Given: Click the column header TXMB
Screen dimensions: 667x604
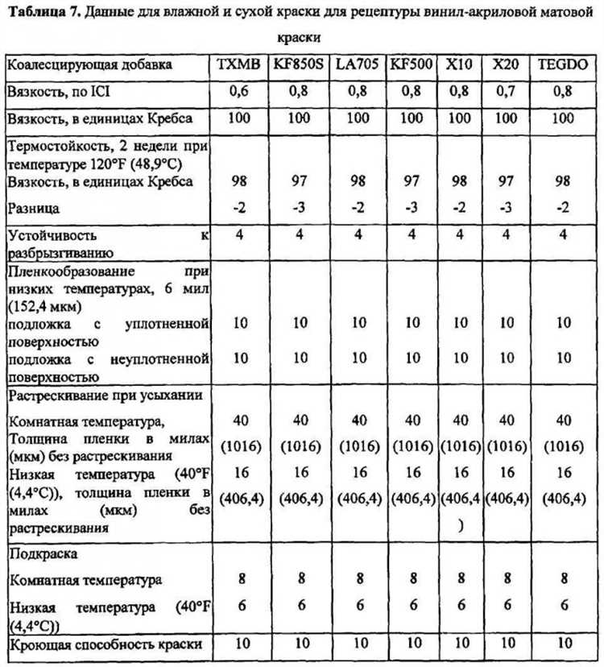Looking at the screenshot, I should click(238, 65).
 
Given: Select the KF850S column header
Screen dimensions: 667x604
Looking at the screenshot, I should click(300, 65).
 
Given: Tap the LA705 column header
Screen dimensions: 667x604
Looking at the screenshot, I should click(357, 65).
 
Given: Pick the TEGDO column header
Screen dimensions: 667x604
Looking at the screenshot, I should click(563, 65).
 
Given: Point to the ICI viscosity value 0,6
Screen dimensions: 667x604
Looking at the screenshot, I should click(238, 92).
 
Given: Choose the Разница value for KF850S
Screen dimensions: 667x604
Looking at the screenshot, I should click(300, 208).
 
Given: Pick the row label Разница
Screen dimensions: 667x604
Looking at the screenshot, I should click(32, 208).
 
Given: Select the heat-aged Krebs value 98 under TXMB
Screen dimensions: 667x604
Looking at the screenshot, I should click(238, 181).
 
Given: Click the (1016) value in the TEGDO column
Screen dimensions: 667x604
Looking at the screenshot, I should click(563, 445).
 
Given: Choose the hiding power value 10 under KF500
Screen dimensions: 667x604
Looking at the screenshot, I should click(412, 643).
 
